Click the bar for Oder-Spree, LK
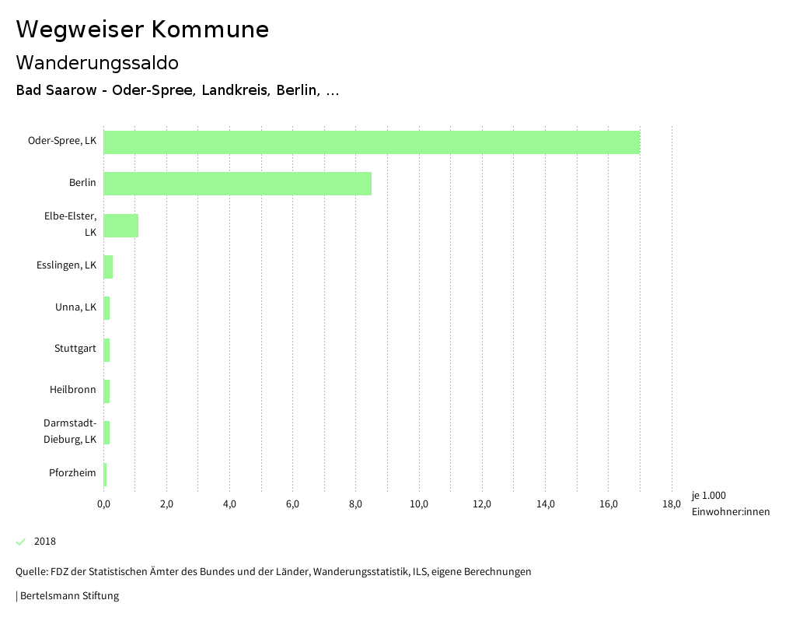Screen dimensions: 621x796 point(372,142)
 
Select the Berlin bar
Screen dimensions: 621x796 point(237,184)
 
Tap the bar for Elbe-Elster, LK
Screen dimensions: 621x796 point(120,226)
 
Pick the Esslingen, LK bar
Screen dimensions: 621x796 point(108,267)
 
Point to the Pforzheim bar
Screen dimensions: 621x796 point(105,475)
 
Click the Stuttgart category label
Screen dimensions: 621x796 point(75,348)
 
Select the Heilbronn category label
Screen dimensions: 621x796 point(73,389)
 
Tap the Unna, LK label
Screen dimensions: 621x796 point(75,307)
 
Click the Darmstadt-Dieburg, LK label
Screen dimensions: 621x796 point(70,431)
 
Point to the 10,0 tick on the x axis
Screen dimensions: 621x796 point(419,504)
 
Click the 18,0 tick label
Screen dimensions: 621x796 point(672,504)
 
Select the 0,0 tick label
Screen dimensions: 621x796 point(103,504)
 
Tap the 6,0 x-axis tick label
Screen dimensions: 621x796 point(292,504)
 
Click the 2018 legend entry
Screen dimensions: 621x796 point(45,542)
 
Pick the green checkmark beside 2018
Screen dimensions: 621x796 point(21,542)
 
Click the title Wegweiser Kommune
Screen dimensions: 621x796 point(142,30)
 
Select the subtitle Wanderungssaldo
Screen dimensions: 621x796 point(97,62)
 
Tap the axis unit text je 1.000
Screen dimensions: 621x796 point(708,496)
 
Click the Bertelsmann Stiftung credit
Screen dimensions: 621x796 point(69,596)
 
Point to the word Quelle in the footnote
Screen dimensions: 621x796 point(30,572)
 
